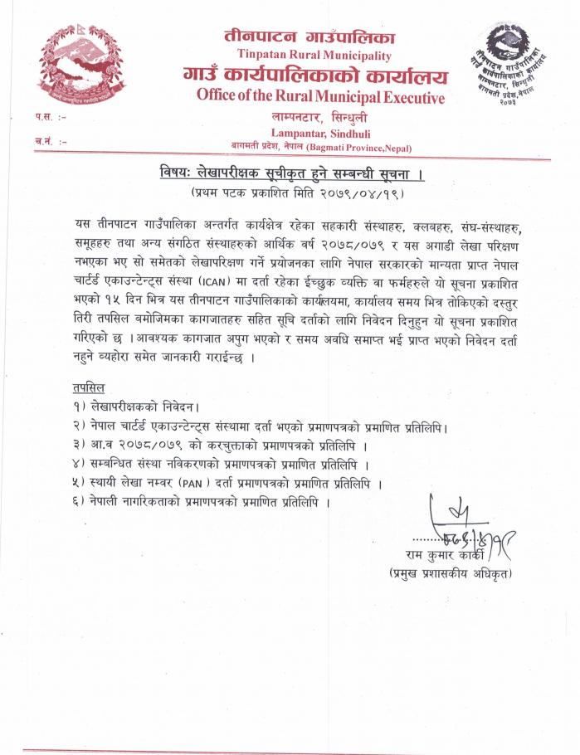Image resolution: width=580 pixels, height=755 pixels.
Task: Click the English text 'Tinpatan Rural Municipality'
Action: click(310, 56)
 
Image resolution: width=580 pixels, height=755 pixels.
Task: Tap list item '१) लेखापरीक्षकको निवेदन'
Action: click(137, 407)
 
